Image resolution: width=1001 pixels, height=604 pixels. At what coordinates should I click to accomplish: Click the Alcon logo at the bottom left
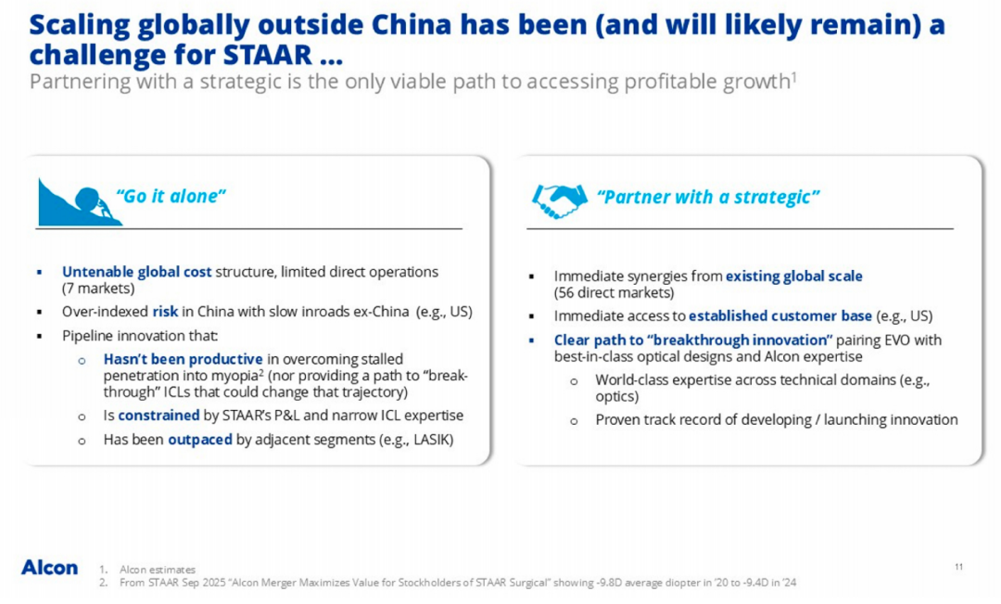pos(49,567)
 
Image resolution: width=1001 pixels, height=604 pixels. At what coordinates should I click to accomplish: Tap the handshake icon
pos(558,199)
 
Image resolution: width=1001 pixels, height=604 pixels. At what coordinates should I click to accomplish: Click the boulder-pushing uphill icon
pos(79,202)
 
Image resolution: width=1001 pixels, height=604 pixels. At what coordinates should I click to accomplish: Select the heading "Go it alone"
pos(171,196)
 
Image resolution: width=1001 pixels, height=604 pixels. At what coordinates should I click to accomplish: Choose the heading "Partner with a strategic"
pos(708,197)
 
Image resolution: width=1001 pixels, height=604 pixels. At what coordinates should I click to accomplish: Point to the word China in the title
pos(361,24)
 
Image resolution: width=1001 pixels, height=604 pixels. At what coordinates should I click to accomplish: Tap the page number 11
pos(958,566)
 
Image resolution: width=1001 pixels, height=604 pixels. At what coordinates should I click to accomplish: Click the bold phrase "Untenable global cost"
pos(136,272)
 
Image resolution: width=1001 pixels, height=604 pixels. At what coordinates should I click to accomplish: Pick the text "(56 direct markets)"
pos(613,293)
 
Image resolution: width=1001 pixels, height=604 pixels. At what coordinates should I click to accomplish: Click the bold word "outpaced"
pos(199,440)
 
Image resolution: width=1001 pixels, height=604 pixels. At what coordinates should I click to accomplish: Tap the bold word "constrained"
pos(158,416)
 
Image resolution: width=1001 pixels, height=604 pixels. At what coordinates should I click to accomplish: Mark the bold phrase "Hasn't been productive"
pos(184,359)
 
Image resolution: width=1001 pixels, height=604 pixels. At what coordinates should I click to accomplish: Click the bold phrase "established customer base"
pos(779,315)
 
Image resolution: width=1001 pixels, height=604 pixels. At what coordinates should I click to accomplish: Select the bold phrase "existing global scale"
pos(793,276)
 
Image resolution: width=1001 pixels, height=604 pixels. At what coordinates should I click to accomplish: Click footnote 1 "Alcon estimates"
pos(158,570)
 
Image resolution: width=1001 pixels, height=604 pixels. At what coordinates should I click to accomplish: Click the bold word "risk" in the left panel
pos(165,311)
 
